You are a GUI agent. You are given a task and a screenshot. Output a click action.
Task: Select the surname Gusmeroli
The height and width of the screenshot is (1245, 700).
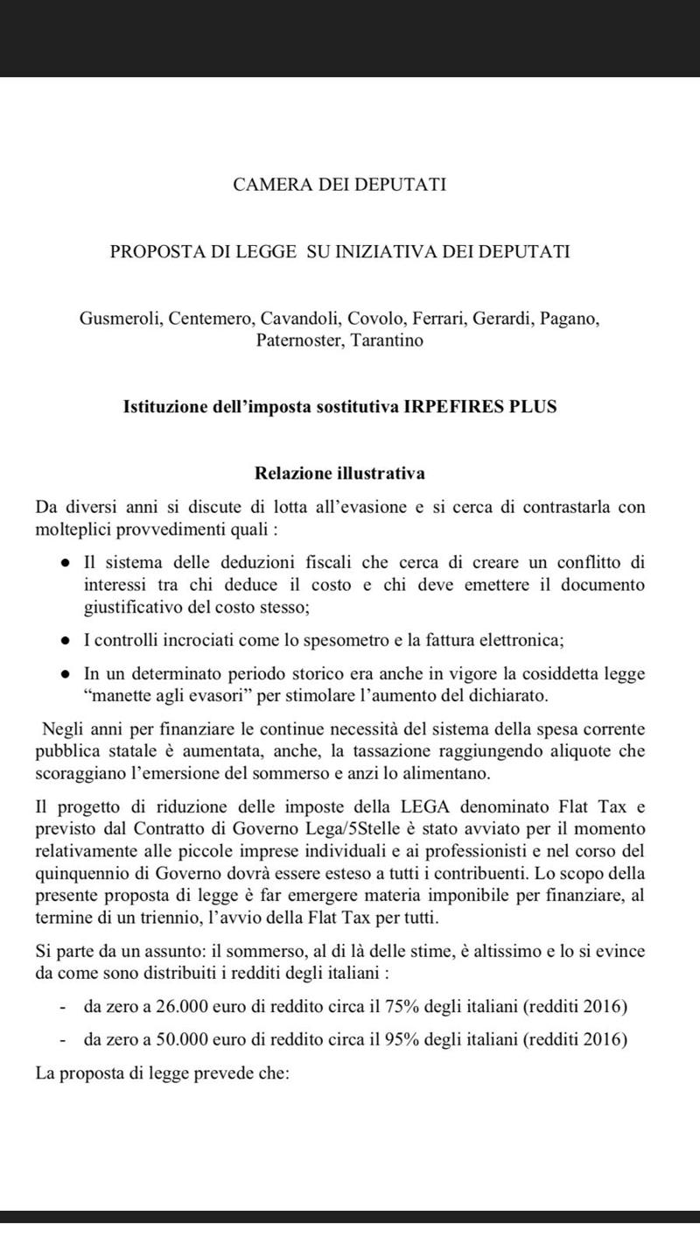coord(119,319)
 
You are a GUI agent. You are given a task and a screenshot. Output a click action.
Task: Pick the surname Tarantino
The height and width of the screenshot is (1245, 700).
coord(388,341)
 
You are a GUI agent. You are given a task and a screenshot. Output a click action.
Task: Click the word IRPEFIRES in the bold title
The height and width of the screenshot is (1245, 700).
coord(445,408)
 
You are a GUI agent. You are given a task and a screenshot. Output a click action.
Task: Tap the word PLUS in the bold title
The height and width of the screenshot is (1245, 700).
coord(532,408)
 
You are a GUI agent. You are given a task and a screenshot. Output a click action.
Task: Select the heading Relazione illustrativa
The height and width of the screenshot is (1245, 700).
coord(339,474)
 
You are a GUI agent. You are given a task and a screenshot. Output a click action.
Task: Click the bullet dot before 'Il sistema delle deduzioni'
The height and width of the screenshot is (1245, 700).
coord(66,561)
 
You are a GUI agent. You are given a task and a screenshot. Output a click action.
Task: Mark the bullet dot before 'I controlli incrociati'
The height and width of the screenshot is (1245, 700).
coord(66,641)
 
